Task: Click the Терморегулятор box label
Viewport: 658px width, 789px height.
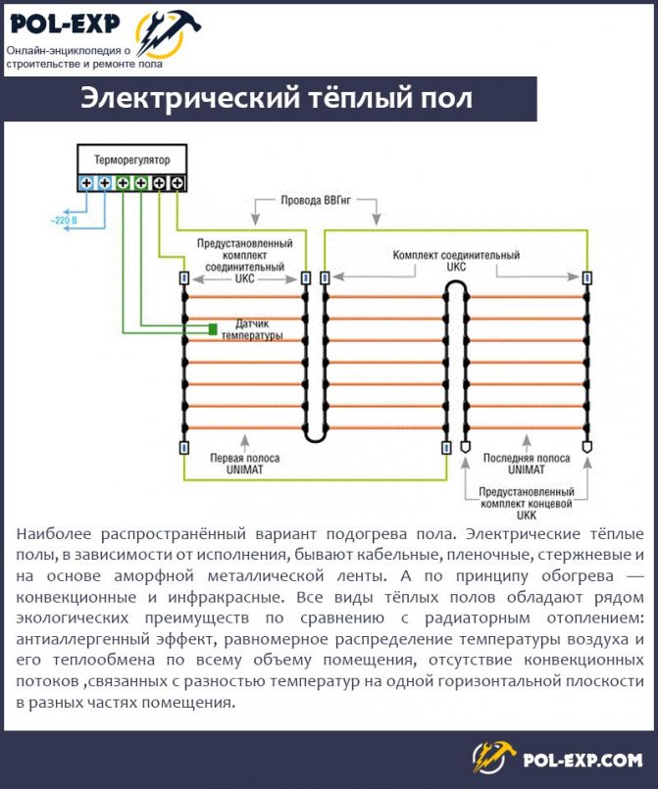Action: (131, 158)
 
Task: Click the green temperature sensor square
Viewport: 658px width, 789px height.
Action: (212, 329)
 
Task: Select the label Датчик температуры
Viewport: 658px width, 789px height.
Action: (252, 329)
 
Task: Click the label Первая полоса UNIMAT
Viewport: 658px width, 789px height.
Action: (244, 464)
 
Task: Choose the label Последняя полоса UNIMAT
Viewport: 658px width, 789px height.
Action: (524, 464)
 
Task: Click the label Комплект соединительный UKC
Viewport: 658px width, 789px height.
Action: (456, 261)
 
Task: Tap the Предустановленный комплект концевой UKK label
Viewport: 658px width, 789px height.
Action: (524, 502)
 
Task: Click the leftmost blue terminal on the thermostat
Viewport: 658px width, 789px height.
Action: (86, 183)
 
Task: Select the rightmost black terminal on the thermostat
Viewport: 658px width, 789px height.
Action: (177, 183)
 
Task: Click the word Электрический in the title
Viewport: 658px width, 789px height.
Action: (186, 99)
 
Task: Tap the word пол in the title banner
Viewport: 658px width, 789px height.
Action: (446, 99)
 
